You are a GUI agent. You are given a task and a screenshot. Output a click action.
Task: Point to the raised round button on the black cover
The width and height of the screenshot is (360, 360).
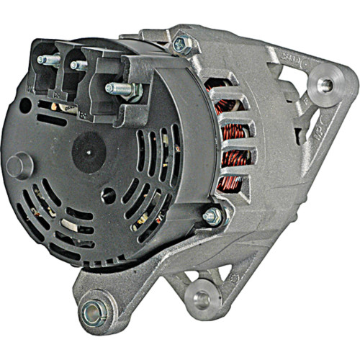point(19,166)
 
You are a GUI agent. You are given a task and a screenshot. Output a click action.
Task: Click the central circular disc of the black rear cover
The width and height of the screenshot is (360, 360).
point(89,152)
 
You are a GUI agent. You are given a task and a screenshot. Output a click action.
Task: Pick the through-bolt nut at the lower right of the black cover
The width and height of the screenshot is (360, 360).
point(212,215)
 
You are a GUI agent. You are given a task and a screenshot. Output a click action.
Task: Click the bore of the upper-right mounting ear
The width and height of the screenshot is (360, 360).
point(324,85)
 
